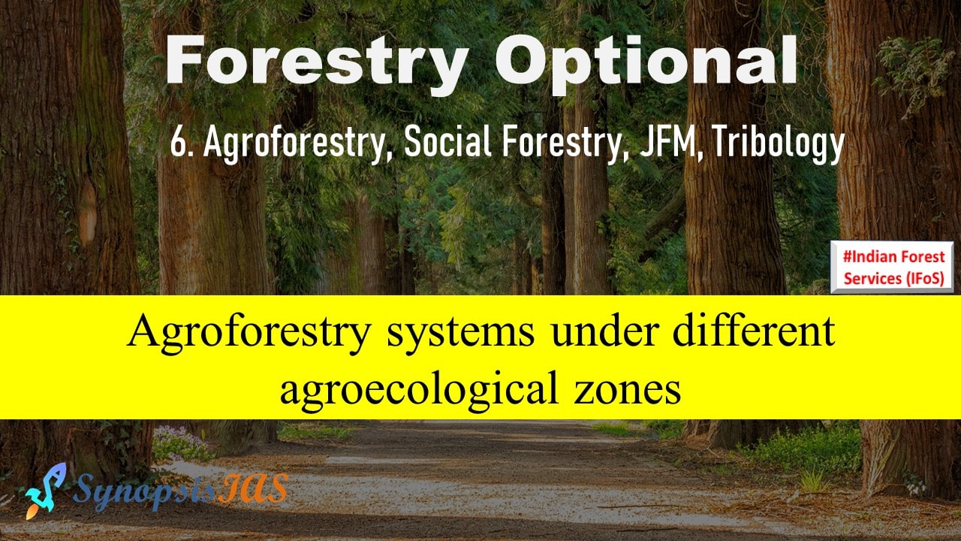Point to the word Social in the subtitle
pos(447,141)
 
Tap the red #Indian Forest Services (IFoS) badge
pos(893,267)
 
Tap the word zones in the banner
pos(627,391)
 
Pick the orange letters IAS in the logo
pos(253,488)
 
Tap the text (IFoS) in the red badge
pos(925,278)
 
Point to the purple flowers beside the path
pos(179,443)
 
